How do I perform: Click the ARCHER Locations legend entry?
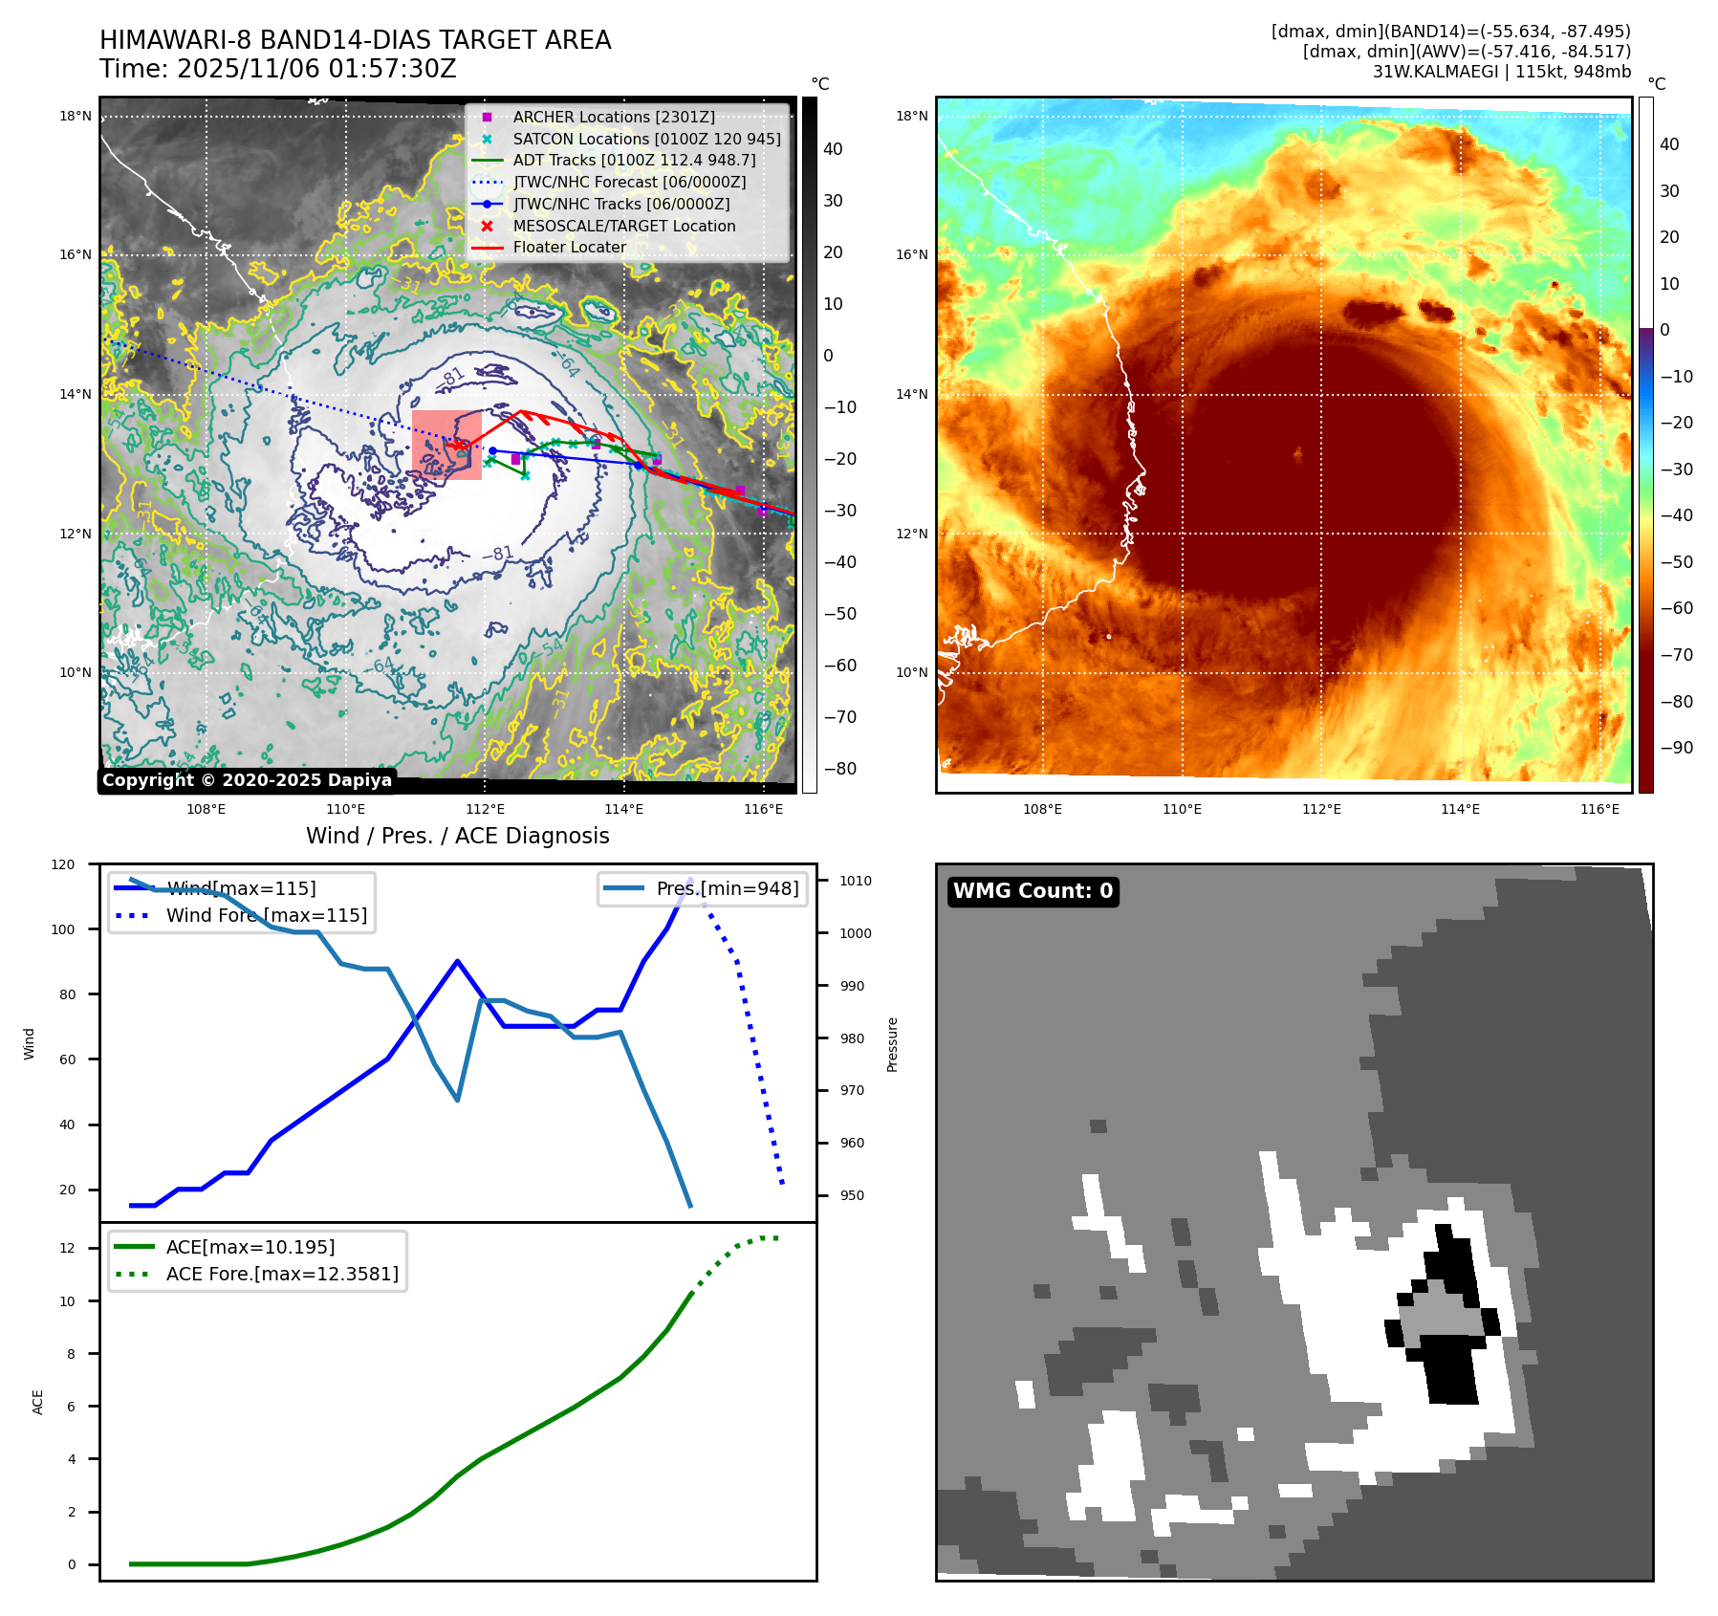click(613, 117)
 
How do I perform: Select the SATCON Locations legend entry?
click(646, 139)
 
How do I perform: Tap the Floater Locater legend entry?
click(569, 247)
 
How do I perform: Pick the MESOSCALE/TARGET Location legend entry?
click(623, 226)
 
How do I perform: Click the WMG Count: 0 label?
click(1033, 891)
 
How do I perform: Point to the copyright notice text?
click(247, 780)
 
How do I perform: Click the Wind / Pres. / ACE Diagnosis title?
click(457, 836)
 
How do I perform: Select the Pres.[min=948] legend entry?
click(727, 888)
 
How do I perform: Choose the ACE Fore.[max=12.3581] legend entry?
click(282, 1274)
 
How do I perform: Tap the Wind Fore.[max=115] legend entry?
click(266, 915)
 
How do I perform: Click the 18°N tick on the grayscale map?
click(76, 117)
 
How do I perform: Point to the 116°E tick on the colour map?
click(1599, 809)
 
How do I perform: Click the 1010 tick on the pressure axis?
click(856, 881)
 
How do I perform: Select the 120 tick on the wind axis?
click(63, 864)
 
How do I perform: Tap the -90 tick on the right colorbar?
click(1676, 748)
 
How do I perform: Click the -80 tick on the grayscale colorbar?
click(839, 769)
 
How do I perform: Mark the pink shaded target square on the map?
click(446, 445)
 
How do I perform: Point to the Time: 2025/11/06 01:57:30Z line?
click(277, 69)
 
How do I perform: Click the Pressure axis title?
click(892, 1044)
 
